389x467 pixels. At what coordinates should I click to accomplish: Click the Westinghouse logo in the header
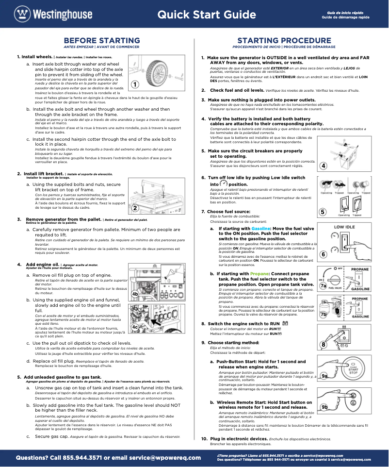[x=53, y=14]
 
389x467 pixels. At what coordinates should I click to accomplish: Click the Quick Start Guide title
[x=207, y=15]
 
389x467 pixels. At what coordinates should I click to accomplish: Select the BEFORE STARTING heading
[x=102, y=40]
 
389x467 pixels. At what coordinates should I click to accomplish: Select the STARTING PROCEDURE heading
[x=284, y=40]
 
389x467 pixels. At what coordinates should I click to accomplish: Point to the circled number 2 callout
[x=135, y=208]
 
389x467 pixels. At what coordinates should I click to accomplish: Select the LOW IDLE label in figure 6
[x=344, y=227]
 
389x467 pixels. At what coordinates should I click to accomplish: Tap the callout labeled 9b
[x=324, y=406]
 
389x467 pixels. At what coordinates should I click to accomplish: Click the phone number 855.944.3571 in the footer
[x=91, y=457]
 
